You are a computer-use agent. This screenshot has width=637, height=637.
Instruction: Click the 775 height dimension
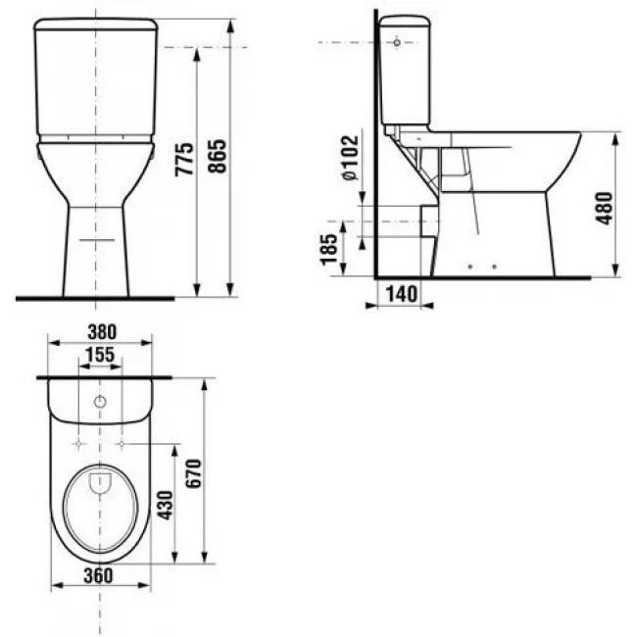coord(184,159)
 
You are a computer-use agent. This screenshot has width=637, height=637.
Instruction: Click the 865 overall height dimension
coord(218,156)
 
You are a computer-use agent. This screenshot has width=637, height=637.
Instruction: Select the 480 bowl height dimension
coord(604,209)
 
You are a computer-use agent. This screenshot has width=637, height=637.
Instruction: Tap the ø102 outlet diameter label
coord(350,157)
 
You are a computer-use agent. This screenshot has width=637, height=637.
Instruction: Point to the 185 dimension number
coord(329,250)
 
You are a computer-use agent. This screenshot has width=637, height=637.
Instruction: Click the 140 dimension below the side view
coord(401,294)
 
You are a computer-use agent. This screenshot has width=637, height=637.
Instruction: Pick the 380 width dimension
coord(102,332)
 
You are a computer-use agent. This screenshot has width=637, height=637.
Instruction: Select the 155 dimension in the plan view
coord(100,355)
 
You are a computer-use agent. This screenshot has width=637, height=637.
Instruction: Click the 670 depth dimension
coord(193,473)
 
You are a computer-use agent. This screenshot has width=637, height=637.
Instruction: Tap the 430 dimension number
coord(166,505)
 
